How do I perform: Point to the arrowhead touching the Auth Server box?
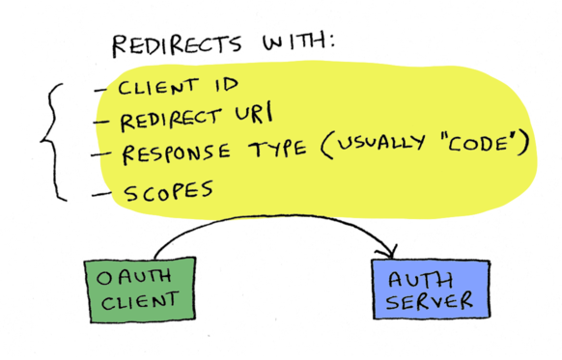click(x=389, y=253)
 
